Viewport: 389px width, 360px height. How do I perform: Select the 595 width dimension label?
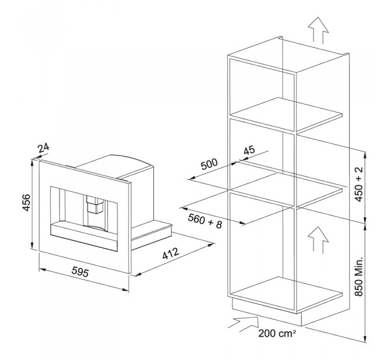80,273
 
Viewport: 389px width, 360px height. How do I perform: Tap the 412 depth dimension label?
170,254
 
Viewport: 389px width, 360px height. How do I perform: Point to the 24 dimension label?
43,148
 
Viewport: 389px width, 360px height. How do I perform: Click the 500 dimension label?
209,164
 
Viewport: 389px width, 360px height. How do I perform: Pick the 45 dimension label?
249,150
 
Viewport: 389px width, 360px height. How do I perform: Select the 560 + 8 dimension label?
205,221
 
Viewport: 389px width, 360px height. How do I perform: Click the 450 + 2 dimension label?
359,185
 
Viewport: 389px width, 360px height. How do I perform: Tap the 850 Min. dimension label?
359,276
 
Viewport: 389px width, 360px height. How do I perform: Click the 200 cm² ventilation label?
277,333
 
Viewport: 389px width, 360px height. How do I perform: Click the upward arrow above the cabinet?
318,30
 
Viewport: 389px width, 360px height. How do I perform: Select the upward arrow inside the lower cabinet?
318,241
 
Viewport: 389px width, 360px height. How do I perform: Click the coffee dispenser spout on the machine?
94,205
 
